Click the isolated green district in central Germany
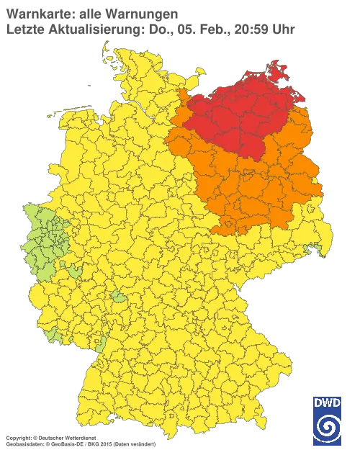pos(117,297)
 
